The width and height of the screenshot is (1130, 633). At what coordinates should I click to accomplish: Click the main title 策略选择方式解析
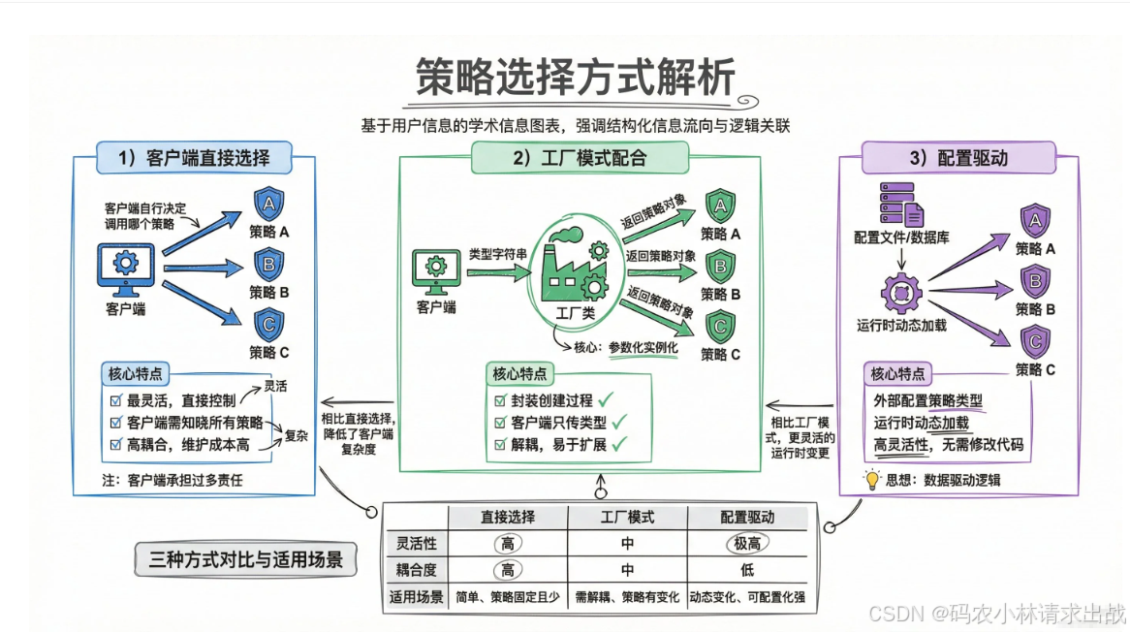coord(576,77)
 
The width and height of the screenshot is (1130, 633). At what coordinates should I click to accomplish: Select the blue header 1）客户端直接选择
coord(193,156)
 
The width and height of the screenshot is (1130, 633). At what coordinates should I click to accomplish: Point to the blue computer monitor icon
coord(125,270)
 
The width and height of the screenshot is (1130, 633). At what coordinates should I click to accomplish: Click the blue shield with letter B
coord(268,263)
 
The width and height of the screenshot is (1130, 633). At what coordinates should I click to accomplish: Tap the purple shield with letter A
coord(1034,221)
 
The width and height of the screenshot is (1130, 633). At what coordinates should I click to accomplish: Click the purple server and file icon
coord(900,205)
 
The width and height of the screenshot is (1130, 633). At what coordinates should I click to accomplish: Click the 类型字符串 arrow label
coord(498,254)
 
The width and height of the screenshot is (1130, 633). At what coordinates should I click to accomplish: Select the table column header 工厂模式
coord(627,518)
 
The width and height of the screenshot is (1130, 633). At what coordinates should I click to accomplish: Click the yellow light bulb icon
coord(871,479)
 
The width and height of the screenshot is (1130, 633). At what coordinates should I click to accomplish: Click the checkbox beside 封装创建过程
coord(500,400)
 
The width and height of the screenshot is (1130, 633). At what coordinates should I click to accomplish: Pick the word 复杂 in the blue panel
coord(296,435)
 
